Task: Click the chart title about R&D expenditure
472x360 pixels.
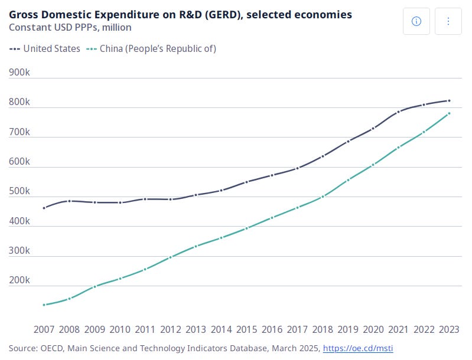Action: click(180, 14)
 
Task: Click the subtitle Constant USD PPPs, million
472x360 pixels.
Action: click(70, 27)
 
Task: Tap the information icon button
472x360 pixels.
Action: click(416, 21)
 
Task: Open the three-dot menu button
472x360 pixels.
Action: click(448, 21)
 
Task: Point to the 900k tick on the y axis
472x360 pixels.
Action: click(19, 72)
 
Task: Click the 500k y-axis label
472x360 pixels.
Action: click(19, 191)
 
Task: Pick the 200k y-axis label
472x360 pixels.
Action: click(19, 280)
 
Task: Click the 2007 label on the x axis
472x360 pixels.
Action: click(44, 329)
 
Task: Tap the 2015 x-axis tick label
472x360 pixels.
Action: click(247, 329)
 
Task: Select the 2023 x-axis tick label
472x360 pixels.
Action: click(449, 329)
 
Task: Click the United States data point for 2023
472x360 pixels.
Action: click(449, 101)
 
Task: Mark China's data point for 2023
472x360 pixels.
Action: click(449, 113)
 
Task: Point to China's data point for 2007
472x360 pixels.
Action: click(44, 305)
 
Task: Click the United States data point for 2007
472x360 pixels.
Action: click(44, 208)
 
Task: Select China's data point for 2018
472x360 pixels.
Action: click(323, 197)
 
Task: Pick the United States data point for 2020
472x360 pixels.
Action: click(373, 129)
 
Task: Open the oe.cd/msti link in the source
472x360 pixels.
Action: click(358, 349)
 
